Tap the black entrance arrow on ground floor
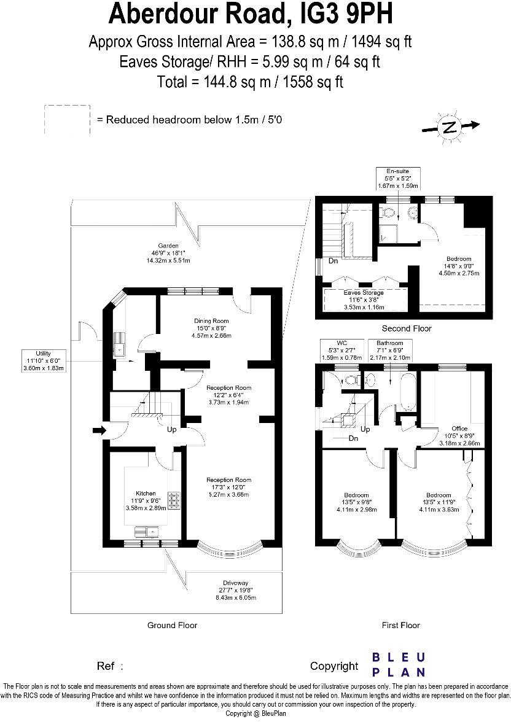[98, 432]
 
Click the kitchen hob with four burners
[174, 501]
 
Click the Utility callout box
[43, 360]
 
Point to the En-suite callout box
[397, 178]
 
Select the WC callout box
[338, 350]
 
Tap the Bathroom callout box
[389, 350]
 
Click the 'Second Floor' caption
[406, 328]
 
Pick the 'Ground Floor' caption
[172, 625]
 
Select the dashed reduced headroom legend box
[67, 120]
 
